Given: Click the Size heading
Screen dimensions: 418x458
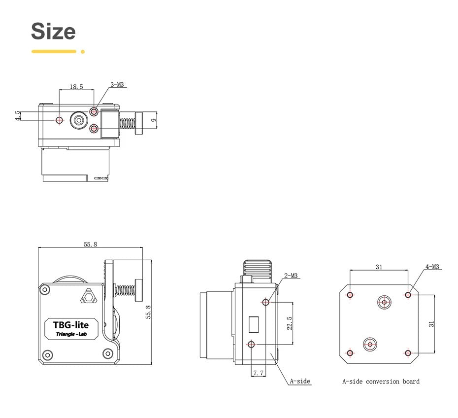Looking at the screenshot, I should click(53, 31).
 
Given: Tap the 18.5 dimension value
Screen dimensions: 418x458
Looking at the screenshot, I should click(76, 86).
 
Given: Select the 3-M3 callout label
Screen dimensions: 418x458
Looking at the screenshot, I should click(117, 84).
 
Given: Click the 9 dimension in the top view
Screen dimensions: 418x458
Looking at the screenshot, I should click(154, 120).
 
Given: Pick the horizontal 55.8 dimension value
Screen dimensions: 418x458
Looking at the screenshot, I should click(90, 244).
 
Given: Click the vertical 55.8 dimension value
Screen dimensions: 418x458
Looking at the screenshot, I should click(148, 312).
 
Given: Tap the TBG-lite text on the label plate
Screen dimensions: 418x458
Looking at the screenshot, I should click(70, 325).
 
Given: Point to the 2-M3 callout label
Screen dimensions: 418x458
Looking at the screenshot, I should click(291, 276).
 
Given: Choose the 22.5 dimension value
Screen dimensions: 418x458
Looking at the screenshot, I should click(290, 323).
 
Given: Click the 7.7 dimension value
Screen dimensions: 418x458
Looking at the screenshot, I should click(259, 374).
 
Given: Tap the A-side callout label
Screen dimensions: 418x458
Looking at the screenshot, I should click(300, 381).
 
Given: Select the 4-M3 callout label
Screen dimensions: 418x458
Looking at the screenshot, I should click(432, 267).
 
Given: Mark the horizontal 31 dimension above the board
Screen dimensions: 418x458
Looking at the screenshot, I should click(379, 267).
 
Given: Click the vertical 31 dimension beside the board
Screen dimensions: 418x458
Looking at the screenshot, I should click(431, 324).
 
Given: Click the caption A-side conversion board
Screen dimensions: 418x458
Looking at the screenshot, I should click(381, 381).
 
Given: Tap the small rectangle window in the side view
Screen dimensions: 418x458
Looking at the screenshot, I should click(254, 324).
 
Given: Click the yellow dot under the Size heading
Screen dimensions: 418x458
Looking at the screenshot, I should click(83, 51).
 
